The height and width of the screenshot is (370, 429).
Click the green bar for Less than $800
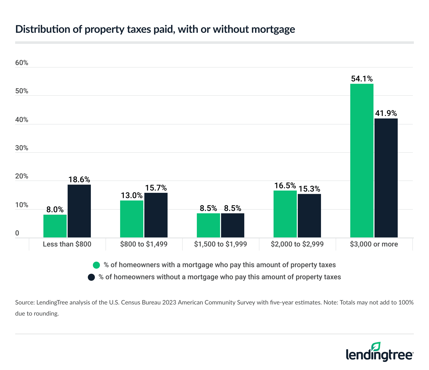pyautogui.click(x=55, y=226)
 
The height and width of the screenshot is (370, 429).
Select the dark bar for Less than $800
pyautogui.click(x=79, y=211)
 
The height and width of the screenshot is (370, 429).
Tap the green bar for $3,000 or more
pyautogui.click(x=362, y=161)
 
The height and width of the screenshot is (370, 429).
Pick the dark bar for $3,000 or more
pyautogui.click(x=386, y=178)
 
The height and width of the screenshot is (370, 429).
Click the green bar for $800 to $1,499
pyautogui.click(x=132, y=219)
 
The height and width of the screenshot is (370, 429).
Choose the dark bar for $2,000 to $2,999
pyautogui.click(x=309, y=215)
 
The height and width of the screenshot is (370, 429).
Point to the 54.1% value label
pyautogui.click(x=362, y=79)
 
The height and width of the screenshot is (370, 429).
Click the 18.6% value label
pyautogui.click(x=79, y=179)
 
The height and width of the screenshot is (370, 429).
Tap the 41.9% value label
pyautogui.click(x=386, y=113)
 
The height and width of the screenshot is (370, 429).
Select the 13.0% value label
pyautogui.click(x=132, y=195)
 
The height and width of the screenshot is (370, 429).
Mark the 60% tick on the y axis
pyautogui.click(x=22, y=63)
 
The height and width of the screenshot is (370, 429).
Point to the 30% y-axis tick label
pyautogui.click(x=22, y=148)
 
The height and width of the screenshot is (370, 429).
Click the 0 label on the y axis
pyautogui.click(x=17, y=233)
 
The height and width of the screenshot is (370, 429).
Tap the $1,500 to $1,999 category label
pyautogui.click(x=221, y=244)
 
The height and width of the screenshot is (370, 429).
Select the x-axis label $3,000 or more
pyautogui.click(x=374, y=244)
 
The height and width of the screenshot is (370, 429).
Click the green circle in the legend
pyautogui.click(x=97, y=265)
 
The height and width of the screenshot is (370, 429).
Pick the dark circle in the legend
pyautogui.click(x=91, y=277)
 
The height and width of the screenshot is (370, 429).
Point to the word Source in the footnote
pyautogui.click(x=24, y=302)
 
